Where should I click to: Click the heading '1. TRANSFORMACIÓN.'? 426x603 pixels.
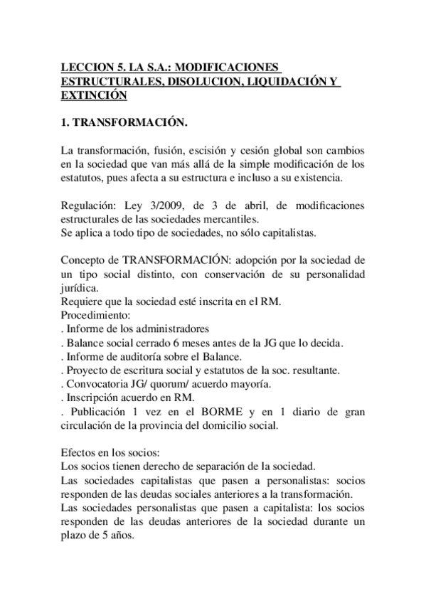[x=125, y=123]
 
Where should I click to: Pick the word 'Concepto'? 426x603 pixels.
[x=82, y=260]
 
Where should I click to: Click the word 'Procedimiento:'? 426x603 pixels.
[x=95, y=315]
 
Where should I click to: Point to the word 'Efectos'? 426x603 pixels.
[x=77, y=452]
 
